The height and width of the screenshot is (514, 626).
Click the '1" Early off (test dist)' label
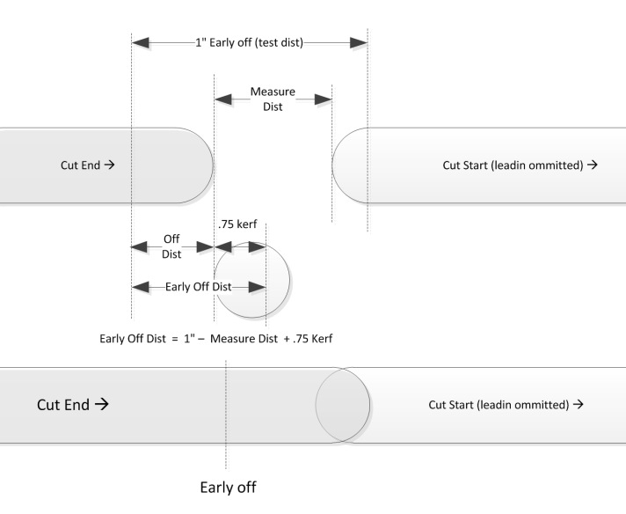[x=249, y=43]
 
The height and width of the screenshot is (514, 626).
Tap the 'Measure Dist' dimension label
[x=273, y=99]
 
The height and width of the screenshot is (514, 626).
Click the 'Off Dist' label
[x=172, y=246]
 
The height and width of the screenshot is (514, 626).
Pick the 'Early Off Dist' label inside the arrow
[x=198, y=287]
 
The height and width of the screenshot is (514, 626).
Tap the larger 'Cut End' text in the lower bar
[x=72, y=405]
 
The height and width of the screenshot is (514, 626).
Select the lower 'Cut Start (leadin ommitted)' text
[x=505, y=405]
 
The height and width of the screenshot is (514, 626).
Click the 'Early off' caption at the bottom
[x=228, y=487]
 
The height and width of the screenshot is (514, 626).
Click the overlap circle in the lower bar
[x=342, y=404]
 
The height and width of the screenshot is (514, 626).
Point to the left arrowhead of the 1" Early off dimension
[x=141, y=42]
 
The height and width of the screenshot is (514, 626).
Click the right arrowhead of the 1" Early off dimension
[x=358, y=42]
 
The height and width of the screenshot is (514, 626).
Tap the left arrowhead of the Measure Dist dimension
[x=224, y=99]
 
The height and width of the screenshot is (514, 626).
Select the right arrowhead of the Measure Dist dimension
[x=323, y=99]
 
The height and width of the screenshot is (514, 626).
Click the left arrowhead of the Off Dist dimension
[x=139, y=247]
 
